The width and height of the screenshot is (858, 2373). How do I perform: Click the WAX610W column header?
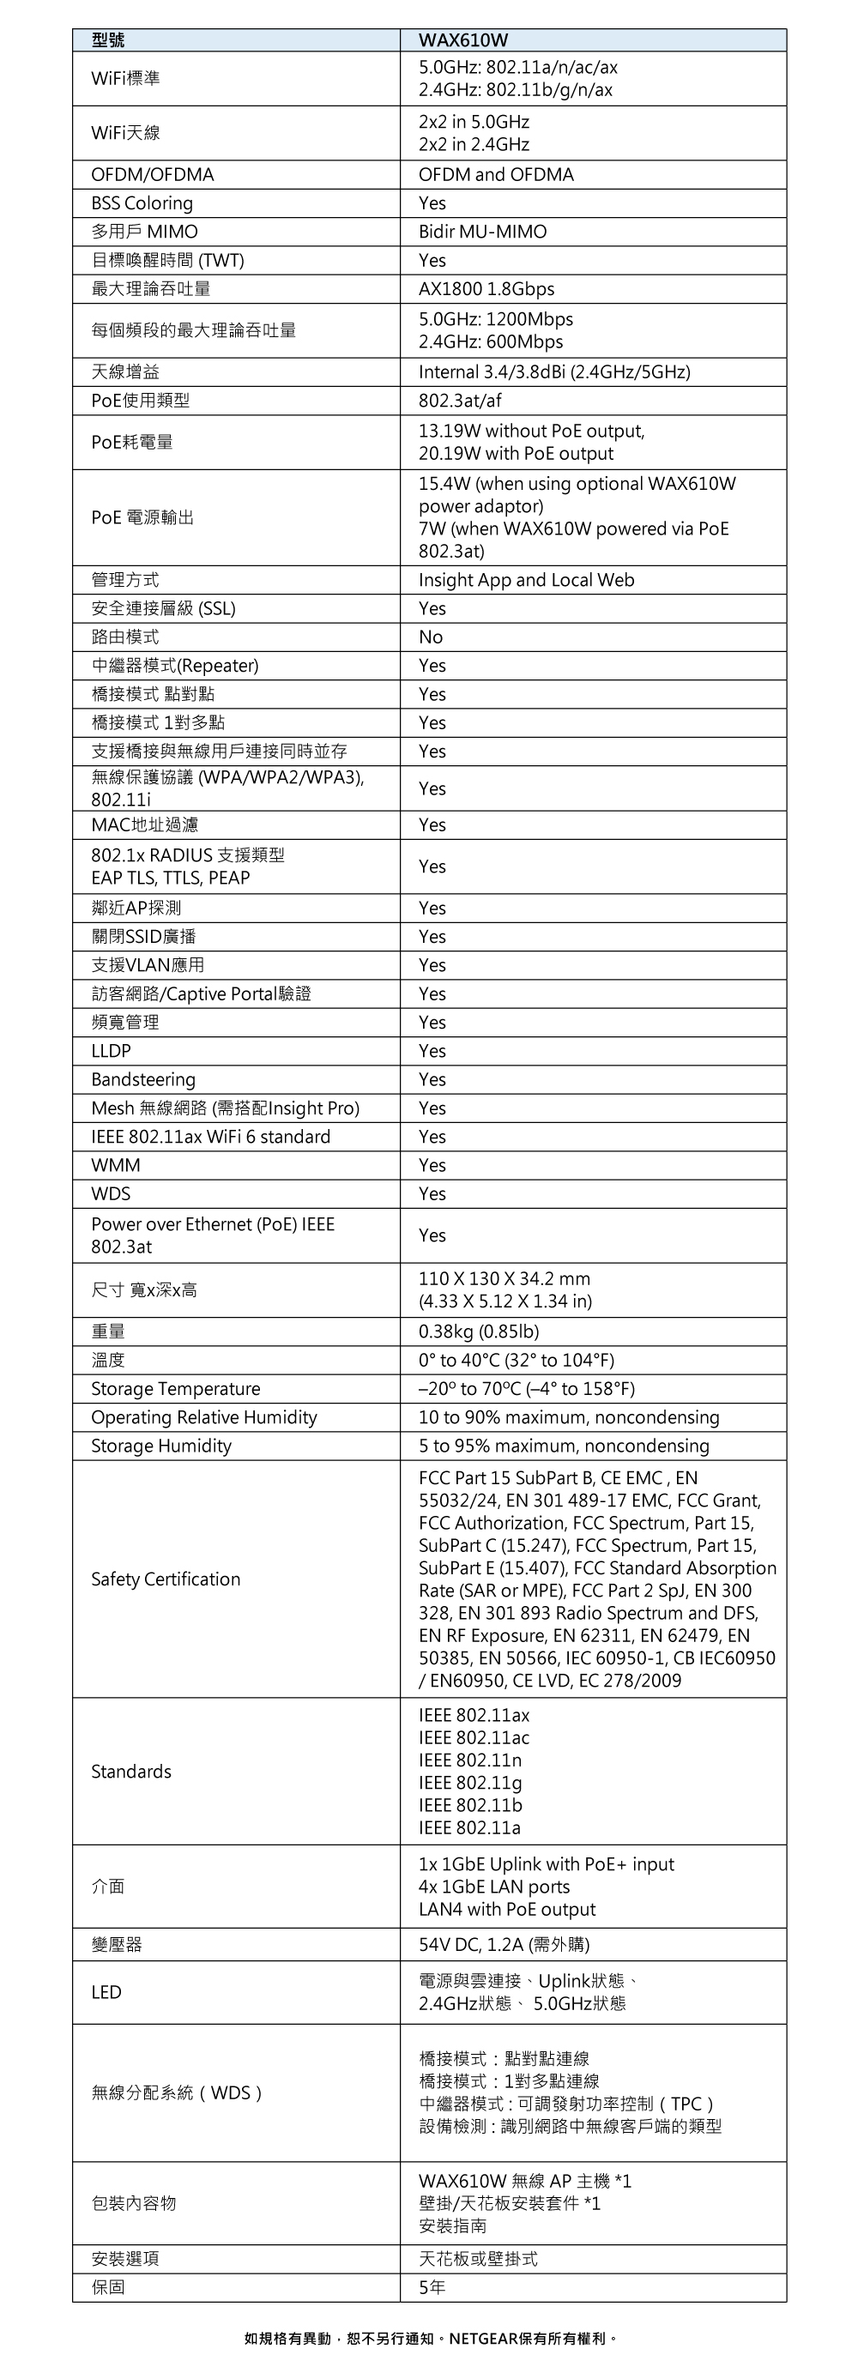point(462,39)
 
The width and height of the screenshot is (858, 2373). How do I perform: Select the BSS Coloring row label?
point(142,203)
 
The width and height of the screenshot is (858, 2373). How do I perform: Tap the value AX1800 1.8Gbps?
point(486,289)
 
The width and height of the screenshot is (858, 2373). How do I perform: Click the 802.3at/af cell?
point(460,401)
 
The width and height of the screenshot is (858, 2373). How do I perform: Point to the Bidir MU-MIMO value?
point(482,232)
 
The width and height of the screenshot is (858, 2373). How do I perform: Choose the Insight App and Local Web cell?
point(525,580)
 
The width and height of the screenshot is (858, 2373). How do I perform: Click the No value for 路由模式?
point(431,637)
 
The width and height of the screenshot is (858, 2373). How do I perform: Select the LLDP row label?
point(111,1051)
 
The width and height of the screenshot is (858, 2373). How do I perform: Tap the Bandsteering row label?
point(142,1079)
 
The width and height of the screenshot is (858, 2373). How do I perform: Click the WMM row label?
point(115,1165)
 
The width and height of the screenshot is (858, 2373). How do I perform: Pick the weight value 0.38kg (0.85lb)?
point(478,1332)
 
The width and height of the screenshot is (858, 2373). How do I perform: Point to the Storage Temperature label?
point(175,1389)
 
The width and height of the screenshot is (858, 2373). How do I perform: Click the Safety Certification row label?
point(165,1579)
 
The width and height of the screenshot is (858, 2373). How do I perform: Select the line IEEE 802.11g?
point(470,1783)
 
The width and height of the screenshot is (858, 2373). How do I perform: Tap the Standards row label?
point(131,1772)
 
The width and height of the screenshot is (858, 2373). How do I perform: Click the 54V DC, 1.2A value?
point(503,1945)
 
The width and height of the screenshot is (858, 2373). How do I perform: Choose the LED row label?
point(106,1991)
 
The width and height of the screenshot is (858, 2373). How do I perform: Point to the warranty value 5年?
point(432,2286)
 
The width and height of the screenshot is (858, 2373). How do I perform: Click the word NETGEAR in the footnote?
point(483,2338)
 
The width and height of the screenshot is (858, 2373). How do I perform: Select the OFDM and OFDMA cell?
point(496,175)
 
